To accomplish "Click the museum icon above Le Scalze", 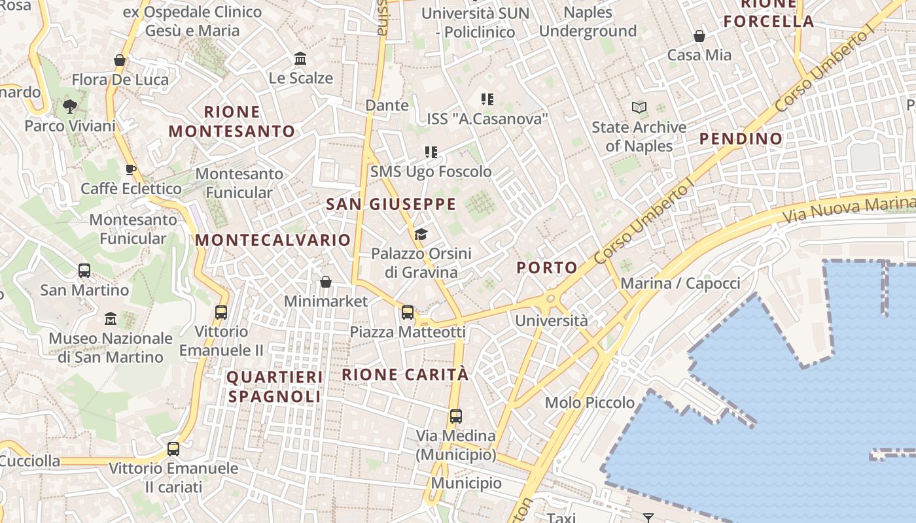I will coord(300,59).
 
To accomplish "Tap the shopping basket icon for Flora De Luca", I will coord(120,60).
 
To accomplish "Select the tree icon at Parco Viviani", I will coord(69,107).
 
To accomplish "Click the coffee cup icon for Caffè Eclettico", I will coord(131,169).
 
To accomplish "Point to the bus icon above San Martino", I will coord(84,270).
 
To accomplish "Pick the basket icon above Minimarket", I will coord(326,282).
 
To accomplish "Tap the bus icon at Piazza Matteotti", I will coord(408,312).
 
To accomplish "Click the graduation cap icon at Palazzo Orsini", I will coord(421,234).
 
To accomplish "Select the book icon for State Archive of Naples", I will coord(639,107).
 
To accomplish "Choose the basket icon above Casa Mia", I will coord(699,36).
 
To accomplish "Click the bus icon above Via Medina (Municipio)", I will coord(456,416).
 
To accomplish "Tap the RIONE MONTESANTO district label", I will coord(232,122).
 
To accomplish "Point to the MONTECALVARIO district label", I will coord(273,240).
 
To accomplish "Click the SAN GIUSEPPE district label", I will coord(391,204).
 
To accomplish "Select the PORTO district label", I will coord(547,267).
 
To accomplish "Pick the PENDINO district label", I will coord(741,139).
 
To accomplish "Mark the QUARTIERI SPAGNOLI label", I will coord(275,387).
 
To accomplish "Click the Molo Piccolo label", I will coord(590,403).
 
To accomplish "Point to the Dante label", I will coord(387,105).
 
